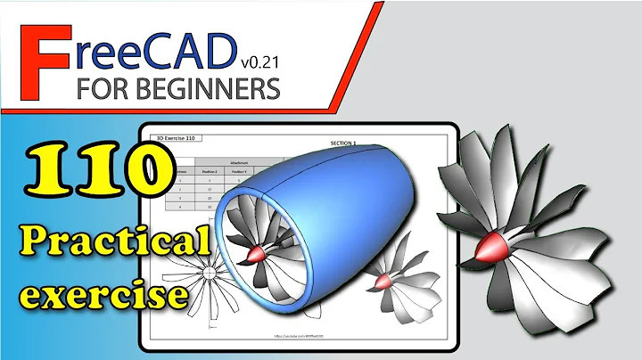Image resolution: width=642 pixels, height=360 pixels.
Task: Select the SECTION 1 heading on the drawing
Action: (342, 143)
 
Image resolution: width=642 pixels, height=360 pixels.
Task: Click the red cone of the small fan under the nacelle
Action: (383, 282)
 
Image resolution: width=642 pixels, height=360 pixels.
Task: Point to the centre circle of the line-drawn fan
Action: (207, 272)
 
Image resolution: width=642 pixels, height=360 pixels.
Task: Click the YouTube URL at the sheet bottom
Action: (298, 340)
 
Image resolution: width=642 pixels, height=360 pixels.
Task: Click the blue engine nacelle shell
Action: (357, 205)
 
